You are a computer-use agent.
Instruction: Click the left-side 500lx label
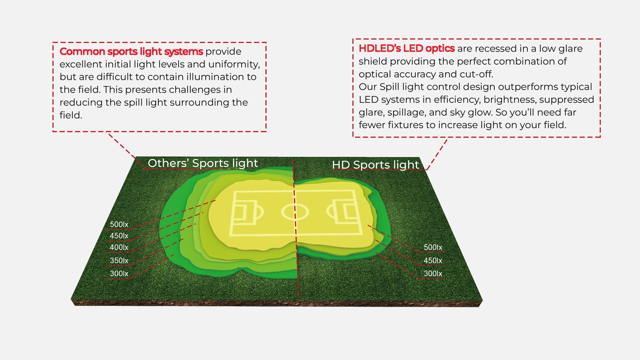point(119,225)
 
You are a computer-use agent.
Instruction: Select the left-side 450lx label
point(119,236)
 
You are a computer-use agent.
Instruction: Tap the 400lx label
point(119,248)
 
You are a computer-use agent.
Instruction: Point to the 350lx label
point(119,261)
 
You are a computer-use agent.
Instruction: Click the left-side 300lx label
point(119,274)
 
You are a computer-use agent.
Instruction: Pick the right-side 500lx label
point(433,248)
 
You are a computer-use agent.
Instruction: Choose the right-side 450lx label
point(433,261)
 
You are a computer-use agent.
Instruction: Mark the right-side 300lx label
point(433,274)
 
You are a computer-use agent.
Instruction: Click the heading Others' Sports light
point(203,163)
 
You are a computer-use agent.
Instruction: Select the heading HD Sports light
point(375,165)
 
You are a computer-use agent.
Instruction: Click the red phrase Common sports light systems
point(131,52)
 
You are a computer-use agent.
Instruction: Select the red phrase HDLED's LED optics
point(407,49)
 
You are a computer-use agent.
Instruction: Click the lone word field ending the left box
point(71,115)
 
